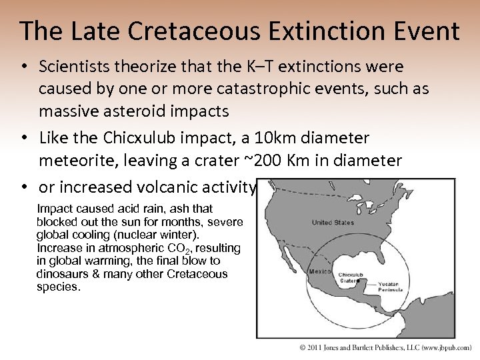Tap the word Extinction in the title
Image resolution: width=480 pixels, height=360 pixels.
coord(308,31)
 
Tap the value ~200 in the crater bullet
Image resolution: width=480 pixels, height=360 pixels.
coord(299,161)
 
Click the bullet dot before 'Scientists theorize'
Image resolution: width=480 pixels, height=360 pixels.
coord(23,67)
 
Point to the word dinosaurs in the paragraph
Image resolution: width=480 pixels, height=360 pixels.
coord(61,274)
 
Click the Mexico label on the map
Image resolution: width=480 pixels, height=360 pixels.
coord(319,271)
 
